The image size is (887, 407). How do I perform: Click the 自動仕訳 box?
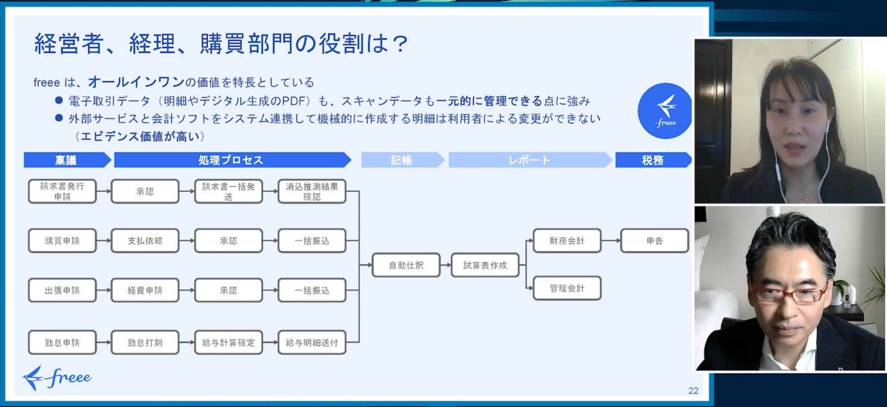click(405, 265)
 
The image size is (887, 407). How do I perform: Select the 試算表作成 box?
click(485, 265)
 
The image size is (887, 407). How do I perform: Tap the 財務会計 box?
click(566, 241)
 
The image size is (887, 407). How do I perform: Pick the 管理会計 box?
click(566, 288)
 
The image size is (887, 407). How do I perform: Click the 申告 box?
click(654, 241)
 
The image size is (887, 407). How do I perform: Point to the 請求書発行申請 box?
click(62, 191)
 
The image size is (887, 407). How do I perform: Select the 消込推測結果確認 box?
click(312, 191)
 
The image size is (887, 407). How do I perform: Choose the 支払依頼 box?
click(145, 241)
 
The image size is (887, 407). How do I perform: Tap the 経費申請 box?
click(145, 290)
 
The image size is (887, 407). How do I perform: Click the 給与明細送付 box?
click(312, 342)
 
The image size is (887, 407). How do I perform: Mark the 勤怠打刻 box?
click(145, 342)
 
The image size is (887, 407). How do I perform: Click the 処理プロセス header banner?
click(231, 160)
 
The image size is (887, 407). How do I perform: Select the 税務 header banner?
click(652, 160)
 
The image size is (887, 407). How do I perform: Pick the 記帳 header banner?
click(401, 160)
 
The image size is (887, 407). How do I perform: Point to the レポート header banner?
click(529, 160)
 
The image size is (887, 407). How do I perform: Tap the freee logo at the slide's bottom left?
click(57, 378)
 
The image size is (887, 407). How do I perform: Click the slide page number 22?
click(693, 390)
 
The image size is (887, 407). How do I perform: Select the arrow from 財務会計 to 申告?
click(610, 241)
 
